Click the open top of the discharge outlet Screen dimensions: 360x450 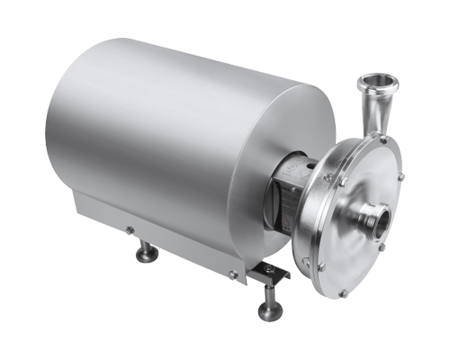pyautogui.click(x=374, y=85)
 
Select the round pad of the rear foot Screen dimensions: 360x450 pyautogui.click(x=145, y=257)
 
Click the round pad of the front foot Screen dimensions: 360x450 pyautogui.click(x=267, y=312)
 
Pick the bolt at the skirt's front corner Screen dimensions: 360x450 pyautogui.click(x=231, y=273)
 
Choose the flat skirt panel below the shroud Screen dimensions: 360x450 pyautogui.click(x=171, y=238)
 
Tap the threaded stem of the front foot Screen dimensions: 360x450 pyautogui.click(x=267, y=294)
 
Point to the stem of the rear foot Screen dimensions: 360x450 pyautogui.click(x=144, y=245)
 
